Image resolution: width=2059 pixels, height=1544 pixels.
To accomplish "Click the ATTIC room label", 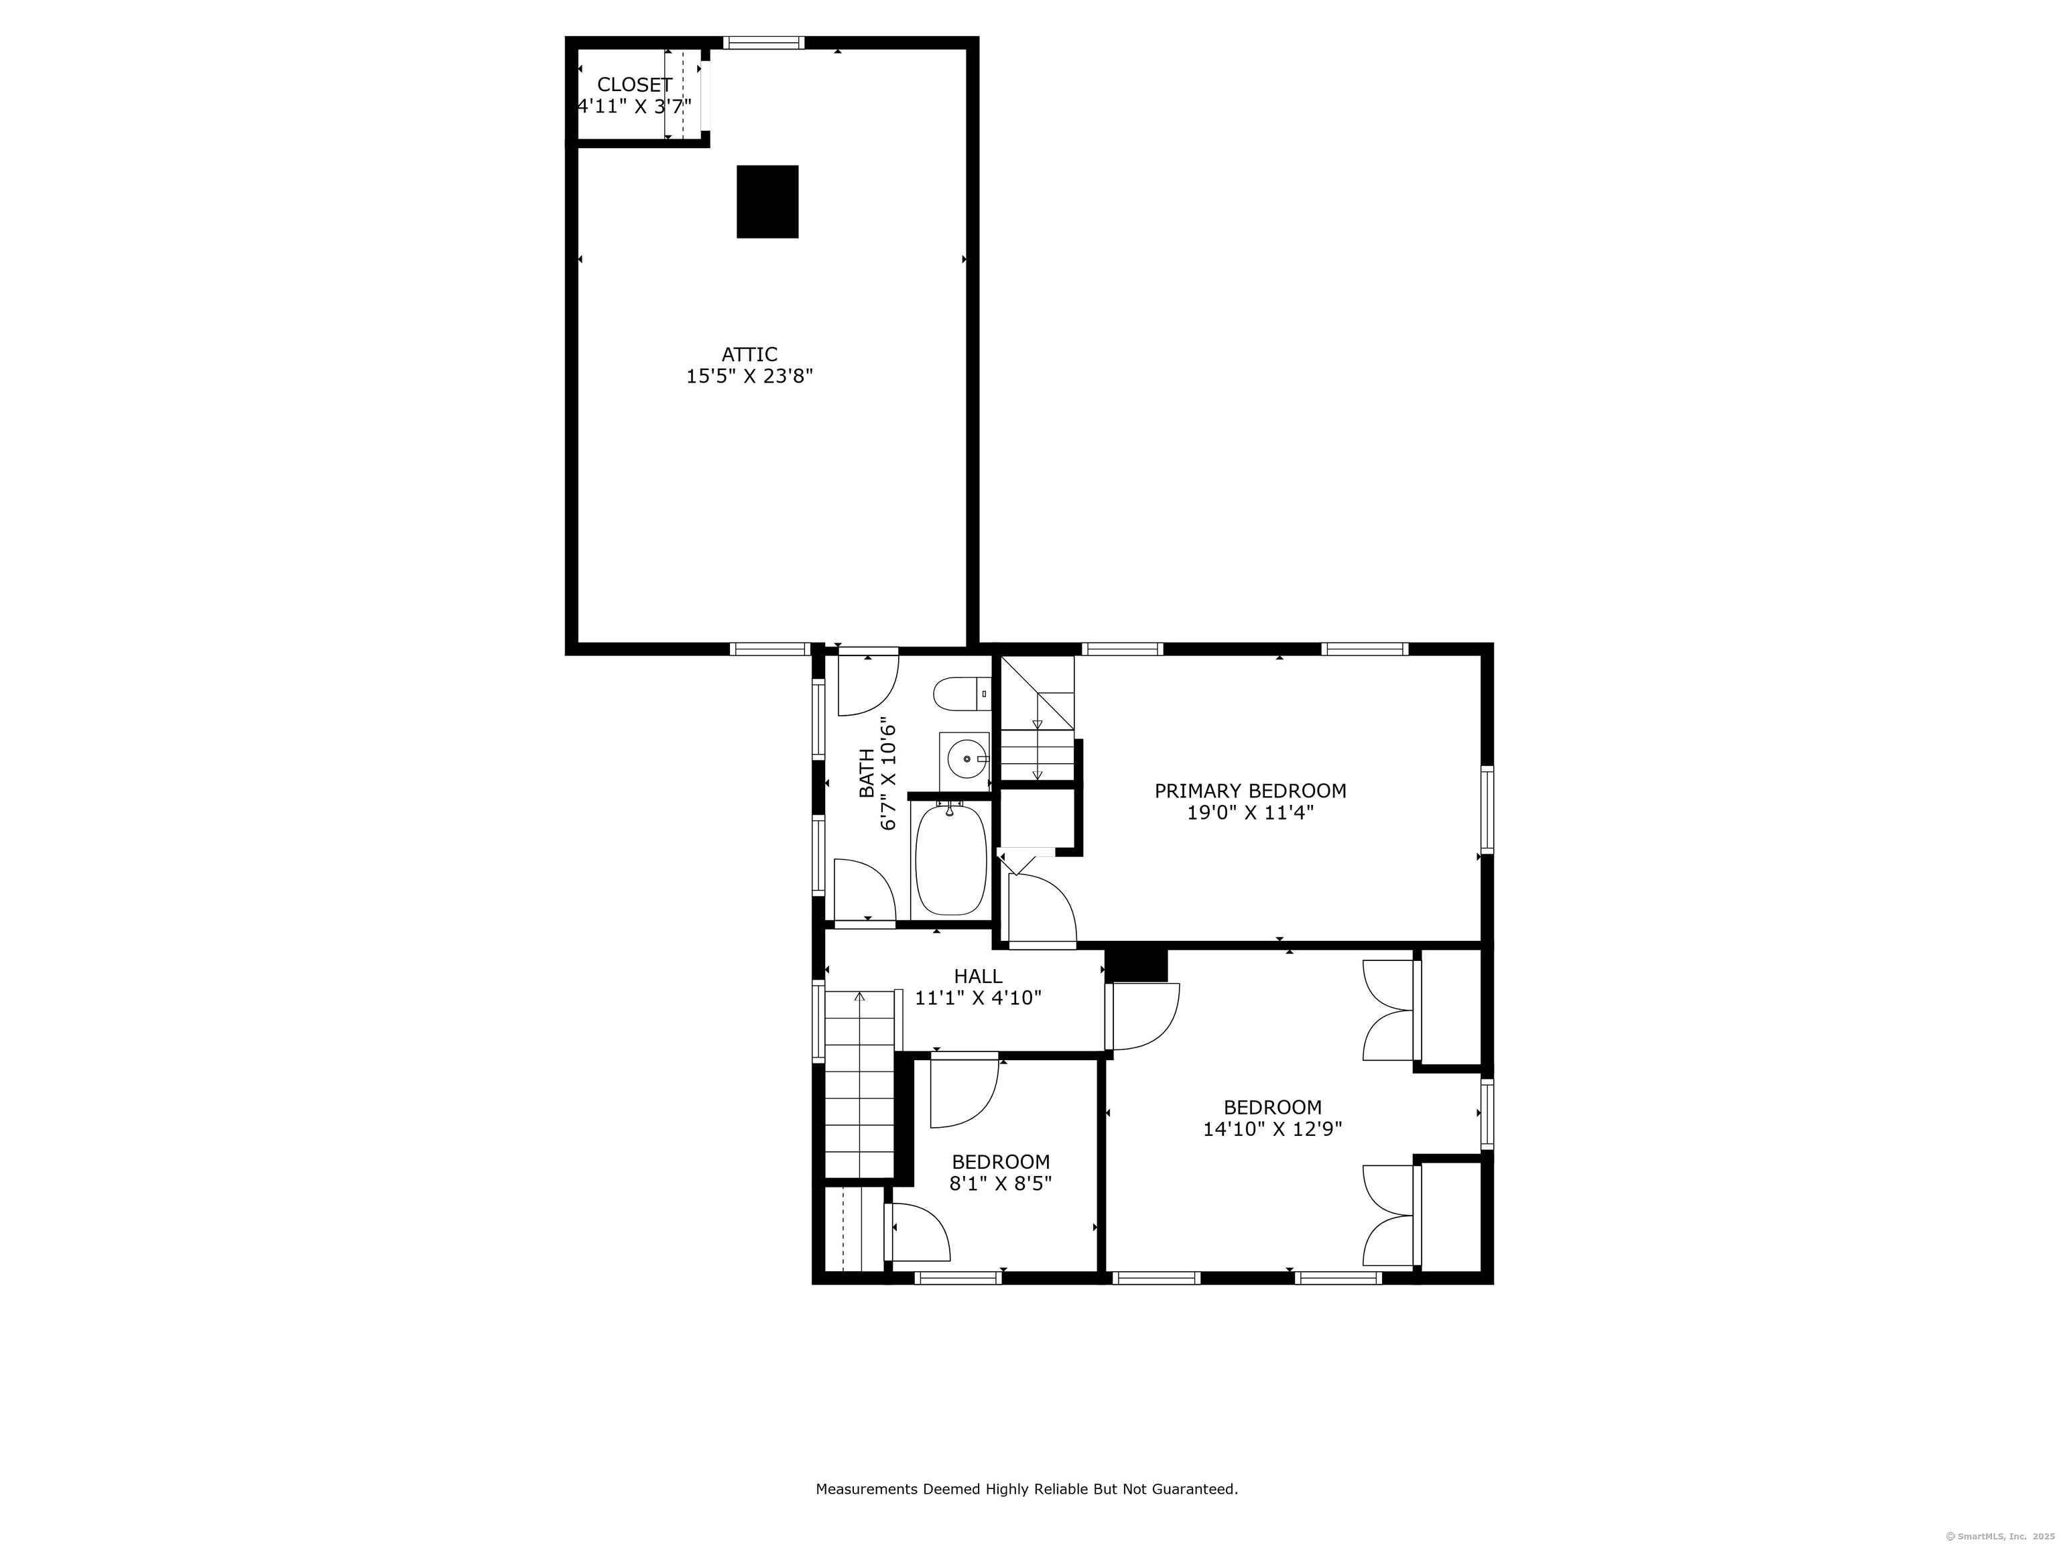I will click(749, 355).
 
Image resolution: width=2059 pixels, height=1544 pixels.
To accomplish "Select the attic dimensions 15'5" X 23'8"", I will click(749, 377).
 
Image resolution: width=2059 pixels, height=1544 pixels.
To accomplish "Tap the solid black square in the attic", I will click(767, 202).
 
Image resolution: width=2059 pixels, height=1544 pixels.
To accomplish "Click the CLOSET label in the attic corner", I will click(634, 84).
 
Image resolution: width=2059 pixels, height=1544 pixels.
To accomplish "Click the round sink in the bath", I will click(966, 759).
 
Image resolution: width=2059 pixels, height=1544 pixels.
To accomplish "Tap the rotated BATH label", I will click(867, 774).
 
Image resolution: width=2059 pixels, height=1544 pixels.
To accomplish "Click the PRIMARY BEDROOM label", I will click(1249, 791).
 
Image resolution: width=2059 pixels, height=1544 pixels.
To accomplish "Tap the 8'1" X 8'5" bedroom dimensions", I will click(1001, 1185).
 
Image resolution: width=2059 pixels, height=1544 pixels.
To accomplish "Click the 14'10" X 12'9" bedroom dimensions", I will click(1271, 1130).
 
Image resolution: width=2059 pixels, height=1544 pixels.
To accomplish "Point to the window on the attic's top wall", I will click(763, 43).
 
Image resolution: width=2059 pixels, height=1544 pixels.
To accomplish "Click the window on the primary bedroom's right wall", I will click(1487, 810).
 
